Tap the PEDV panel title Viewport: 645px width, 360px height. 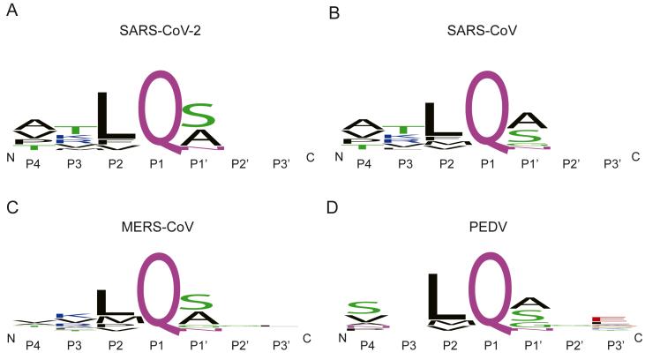pos(492,228)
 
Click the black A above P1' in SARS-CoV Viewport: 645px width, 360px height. pos(529,120)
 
